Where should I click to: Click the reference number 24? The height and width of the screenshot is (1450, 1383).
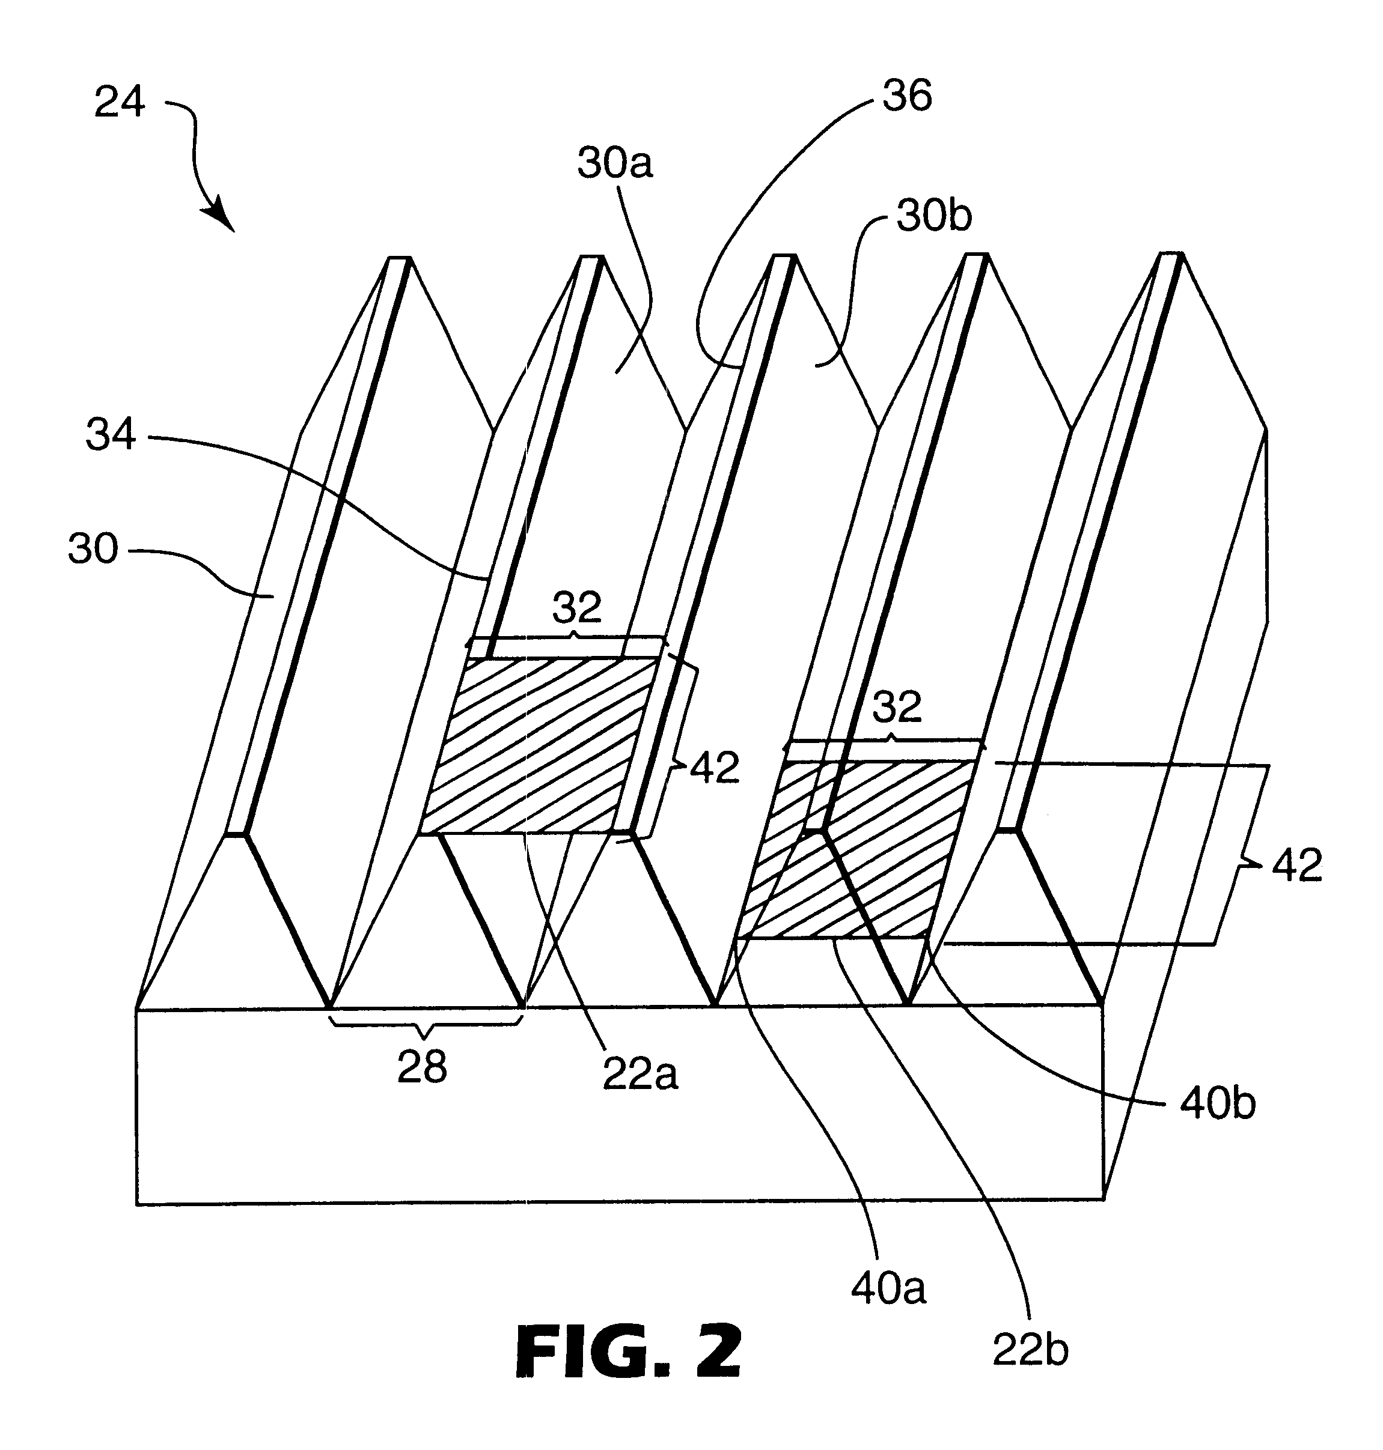click(120, 103)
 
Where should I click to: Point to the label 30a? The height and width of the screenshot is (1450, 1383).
click(615, 163)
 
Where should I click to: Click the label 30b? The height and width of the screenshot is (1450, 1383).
click(933, 217)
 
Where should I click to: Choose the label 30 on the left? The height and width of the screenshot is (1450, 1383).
click(93, 549)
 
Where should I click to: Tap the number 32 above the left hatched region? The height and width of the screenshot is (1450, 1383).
click(577, 608)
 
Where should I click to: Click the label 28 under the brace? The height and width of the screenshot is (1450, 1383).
click(422, 1066)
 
